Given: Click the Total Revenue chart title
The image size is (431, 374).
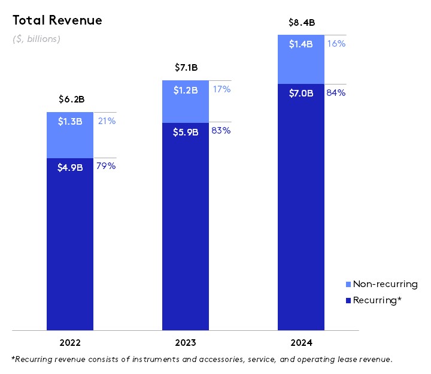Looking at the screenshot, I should [x=57, y=20].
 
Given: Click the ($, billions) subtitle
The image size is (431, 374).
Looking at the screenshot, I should [x=37, y=39].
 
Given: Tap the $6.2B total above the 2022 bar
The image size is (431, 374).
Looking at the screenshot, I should [x=70, y=99].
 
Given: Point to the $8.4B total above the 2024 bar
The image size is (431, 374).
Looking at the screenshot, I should [x=301, y=23].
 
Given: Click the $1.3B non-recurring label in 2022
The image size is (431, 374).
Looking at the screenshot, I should [x=70, y=121].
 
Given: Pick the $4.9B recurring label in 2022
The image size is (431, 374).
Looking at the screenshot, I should [x=70, y=167].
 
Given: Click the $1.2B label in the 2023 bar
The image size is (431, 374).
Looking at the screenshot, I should [x=186, y=90].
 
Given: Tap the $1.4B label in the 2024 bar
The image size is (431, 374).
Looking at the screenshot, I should [x=301, y=44].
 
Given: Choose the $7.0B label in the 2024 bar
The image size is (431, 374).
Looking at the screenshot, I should [x=301, y=93].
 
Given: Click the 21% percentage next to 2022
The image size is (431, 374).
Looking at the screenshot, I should [x=107, y=121].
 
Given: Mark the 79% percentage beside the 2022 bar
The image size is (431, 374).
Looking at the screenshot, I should [x=106, y=166].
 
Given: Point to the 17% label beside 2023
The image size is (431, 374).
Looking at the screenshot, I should [x=221, y=89].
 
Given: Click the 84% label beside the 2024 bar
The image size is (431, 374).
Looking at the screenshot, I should [x=336, y=93].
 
